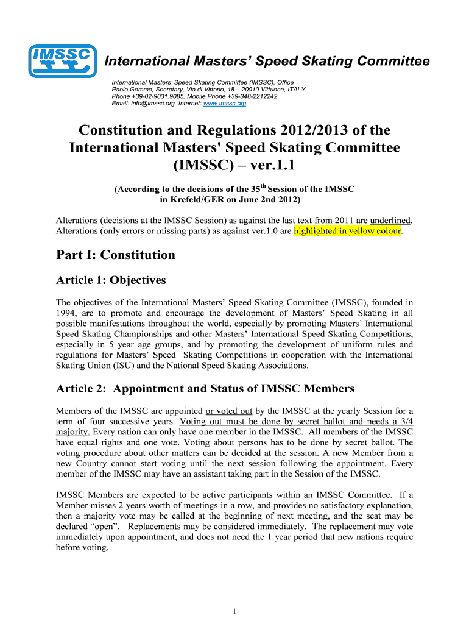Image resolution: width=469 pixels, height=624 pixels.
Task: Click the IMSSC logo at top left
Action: click(x=63, y=62)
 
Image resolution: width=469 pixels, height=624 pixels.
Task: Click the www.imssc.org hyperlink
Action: click(x=225, y=104)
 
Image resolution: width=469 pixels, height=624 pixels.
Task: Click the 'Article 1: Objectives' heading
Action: click(x=111, y=280)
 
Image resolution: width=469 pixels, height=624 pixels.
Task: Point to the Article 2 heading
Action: click(x=205, y=388)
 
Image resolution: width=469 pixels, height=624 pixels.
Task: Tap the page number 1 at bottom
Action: click(x=234, y=611)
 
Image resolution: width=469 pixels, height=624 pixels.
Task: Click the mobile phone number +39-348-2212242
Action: click(x=251, y=96)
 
